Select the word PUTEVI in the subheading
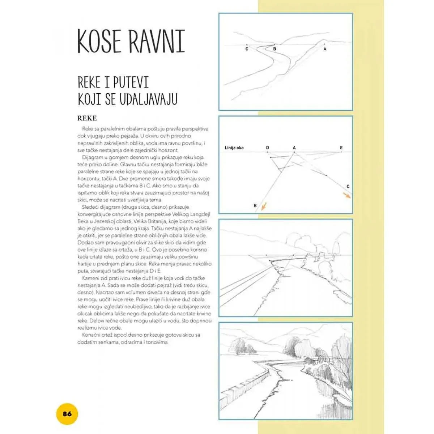click(131, 83)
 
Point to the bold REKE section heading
click(87, 118)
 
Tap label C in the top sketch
click(247, 49)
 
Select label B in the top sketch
click(275, 49)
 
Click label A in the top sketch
click(325, 49)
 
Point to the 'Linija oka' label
click(234, 148)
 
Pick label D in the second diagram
click(268, 148)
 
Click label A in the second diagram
click(294, 148)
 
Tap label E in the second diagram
click(341, 148)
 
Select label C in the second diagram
click(348, 187)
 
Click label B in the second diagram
click(255, 205)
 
